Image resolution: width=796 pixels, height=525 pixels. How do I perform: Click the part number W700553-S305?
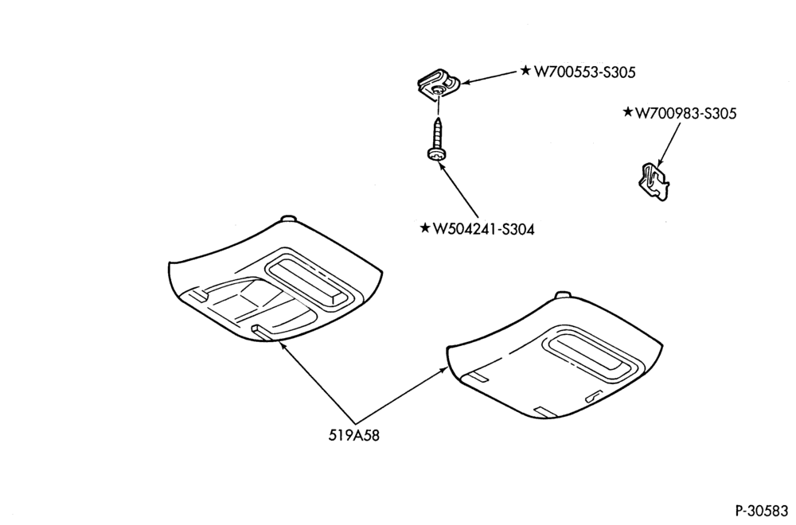click(x=584, y=72)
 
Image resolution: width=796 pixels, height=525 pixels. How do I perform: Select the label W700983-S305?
click(x=686, y=113)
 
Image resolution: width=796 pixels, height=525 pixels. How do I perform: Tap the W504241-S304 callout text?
click(x=483, y=229)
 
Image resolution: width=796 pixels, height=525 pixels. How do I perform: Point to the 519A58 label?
click(x=354, y=435)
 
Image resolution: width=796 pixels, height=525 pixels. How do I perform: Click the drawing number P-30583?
click(x=763, y=509)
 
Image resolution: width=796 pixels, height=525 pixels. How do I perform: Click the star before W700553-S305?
click(x=526, y=70)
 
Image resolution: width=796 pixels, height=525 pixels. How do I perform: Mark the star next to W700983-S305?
click(x=628, y=111)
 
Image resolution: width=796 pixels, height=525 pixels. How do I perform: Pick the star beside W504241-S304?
click(x=425, y=227)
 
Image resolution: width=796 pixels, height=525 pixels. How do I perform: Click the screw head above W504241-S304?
click(x=435, y=154)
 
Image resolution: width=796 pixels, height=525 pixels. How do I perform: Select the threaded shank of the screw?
click(x=437, y=133)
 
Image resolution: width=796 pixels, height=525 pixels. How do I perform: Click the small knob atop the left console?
click(x=288, y=219)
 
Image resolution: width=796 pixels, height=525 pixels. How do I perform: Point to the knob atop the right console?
click(x=563, y=295)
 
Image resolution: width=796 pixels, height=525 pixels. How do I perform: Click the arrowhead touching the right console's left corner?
click(x=443, y=370)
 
